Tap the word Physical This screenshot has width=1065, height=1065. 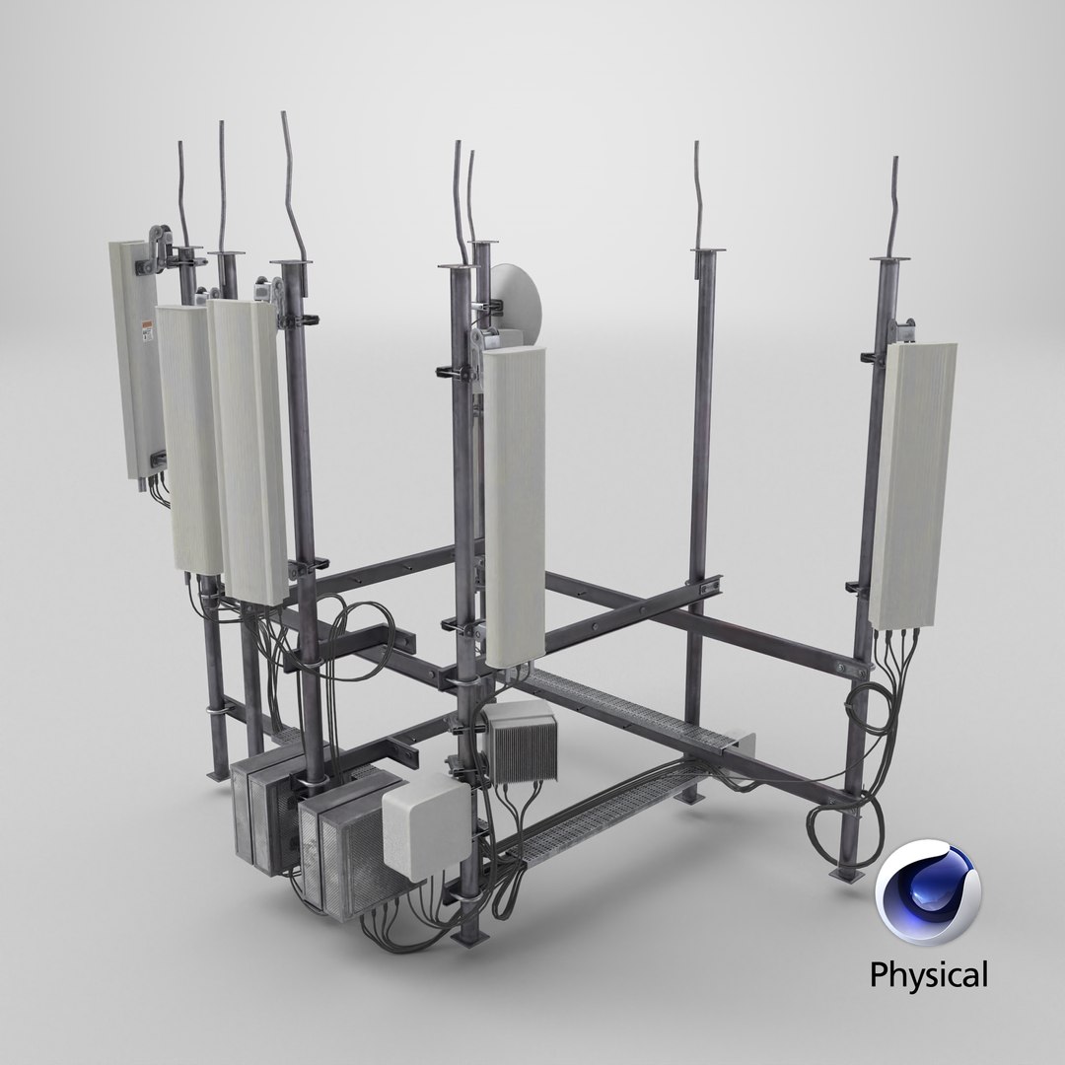927,975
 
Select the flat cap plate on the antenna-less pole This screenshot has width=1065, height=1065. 703,254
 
